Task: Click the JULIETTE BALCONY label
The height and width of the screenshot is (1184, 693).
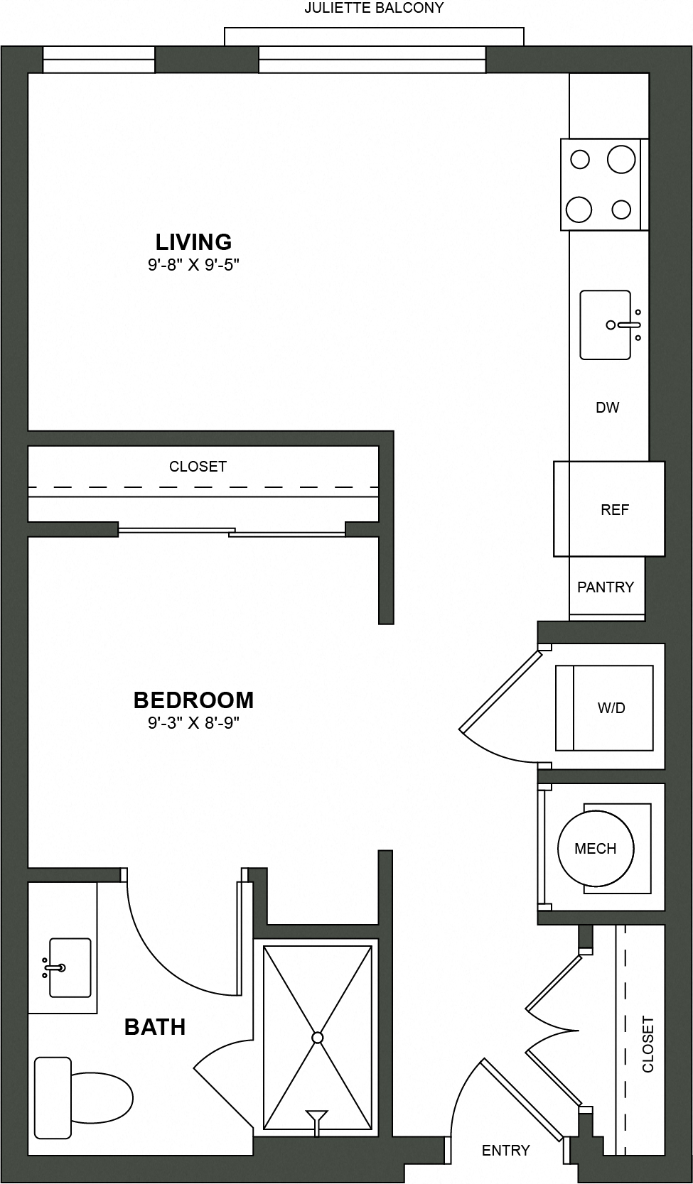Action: click(374, 9)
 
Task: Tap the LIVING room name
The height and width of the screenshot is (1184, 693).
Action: click(193, 242)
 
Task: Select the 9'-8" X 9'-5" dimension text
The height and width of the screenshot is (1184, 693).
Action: click(193, 266)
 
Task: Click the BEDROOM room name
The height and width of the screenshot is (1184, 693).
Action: click(193, 700)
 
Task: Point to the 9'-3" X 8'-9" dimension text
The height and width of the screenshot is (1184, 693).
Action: click(193, 724)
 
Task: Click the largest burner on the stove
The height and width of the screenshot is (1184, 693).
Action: click(621, 159)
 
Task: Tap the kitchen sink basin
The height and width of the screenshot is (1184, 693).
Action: click(604, 325)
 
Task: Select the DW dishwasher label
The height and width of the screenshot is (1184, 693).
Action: click(607, 408)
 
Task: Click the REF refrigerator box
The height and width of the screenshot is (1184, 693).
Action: click(609, 509)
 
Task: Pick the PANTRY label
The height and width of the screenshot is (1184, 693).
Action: click(606, 587)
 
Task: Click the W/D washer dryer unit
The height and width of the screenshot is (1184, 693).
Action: click(604, 708)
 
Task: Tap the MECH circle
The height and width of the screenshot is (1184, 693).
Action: click(595, 849)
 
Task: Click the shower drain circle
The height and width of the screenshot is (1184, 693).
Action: click(318, 1038)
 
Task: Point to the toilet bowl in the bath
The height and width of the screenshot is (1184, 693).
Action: click(103, 1097)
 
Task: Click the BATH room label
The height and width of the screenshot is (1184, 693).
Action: click(155, 1027)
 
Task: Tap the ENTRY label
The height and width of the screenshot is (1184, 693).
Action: click(505, 1150)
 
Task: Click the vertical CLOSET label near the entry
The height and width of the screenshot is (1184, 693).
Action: click(648, 1044)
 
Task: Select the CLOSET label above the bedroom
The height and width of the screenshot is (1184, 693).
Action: click(198, 467)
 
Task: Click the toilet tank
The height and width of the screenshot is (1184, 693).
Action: click(53, 1097)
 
